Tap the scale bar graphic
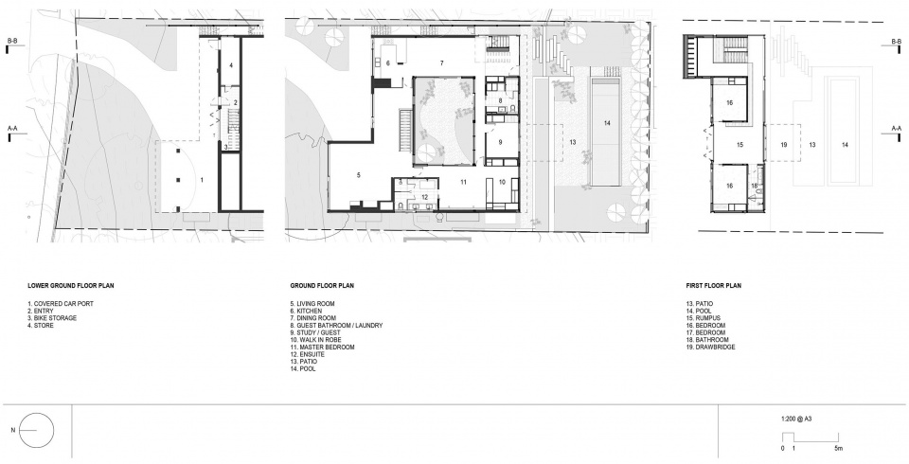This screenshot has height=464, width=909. tap(811, 438)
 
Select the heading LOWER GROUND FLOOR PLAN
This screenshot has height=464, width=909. tap(71, 285)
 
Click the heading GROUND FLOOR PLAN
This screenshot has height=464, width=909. tap(322, 285)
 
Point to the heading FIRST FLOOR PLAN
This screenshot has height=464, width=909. tap(714, 285)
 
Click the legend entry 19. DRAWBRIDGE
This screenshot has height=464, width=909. tap(710, 348)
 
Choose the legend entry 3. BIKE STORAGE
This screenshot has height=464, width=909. tap(52, 318)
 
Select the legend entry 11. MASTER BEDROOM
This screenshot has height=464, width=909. tap(322, 348)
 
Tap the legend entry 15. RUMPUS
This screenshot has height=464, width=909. tap(704, 318)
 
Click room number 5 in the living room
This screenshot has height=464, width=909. tap(359, 174)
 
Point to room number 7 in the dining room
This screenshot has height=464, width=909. tap(442, 62)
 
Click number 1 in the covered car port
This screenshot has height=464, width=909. tap(202, 180)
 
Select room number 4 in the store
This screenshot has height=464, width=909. tap(231, 65)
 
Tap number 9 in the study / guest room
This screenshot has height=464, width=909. tap(500, 142)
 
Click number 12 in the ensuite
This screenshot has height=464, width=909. tap(425, 197)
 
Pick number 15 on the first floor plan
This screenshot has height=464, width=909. tap(740, 145)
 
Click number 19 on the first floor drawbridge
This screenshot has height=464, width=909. tap(784, 145)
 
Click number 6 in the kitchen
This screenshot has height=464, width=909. tap(388, 63)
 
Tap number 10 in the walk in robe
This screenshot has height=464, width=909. tap(502, 182)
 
